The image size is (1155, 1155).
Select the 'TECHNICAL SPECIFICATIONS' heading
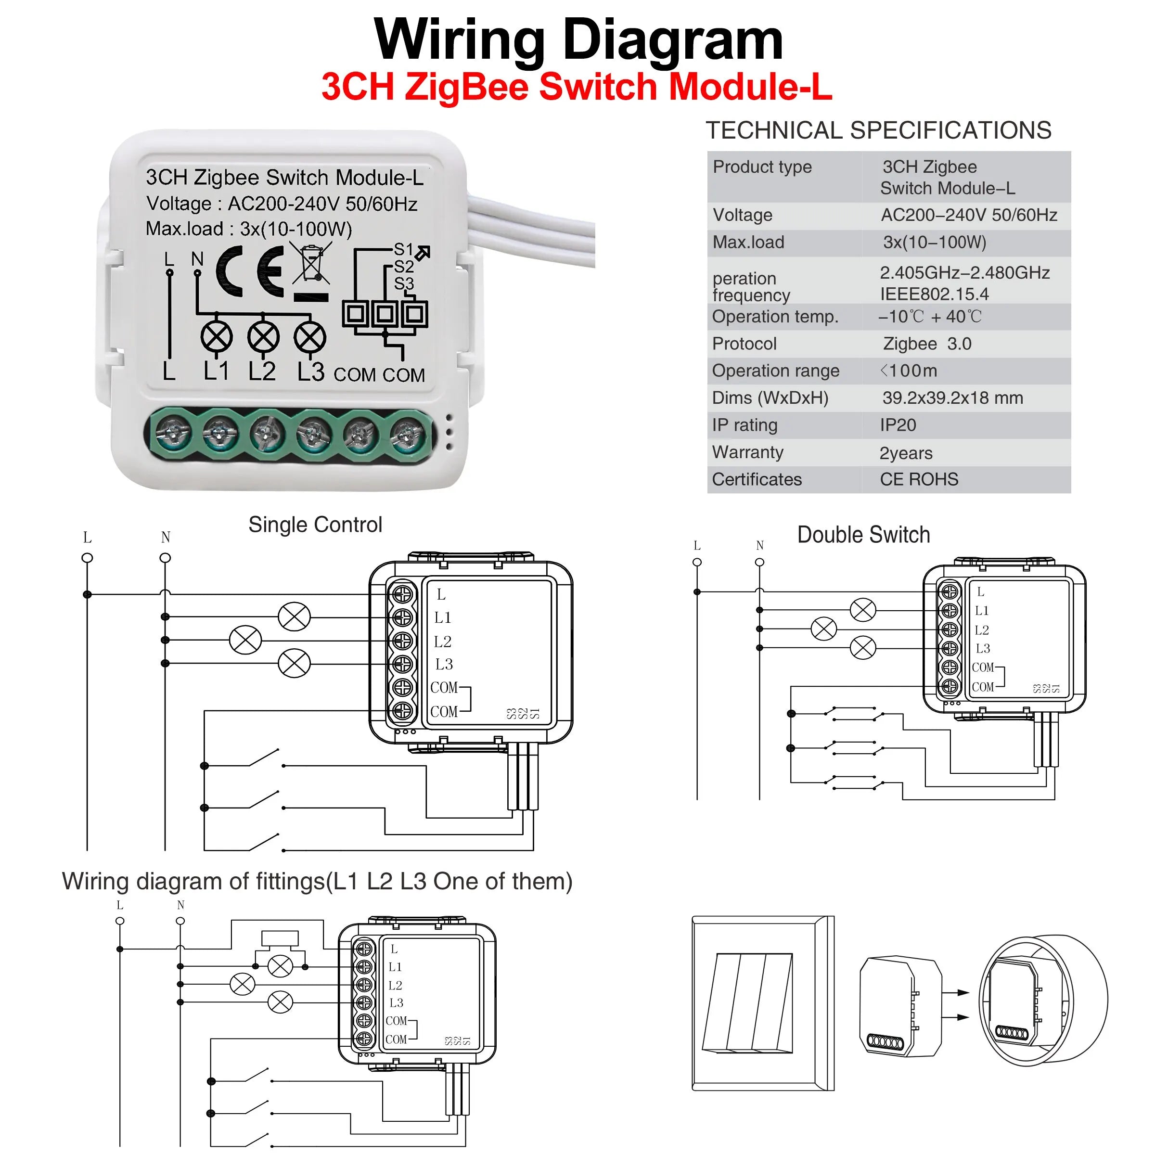[878, 130]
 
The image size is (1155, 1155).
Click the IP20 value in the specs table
[898, 425]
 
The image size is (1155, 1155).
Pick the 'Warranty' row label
[747, 452]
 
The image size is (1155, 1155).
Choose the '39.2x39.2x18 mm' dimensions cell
[952, 398]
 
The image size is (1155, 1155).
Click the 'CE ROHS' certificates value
[919, 479]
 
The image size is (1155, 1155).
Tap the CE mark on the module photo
[250, 272]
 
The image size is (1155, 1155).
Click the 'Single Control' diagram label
[315, 525]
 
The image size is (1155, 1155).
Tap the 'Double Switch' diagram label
[863, 535]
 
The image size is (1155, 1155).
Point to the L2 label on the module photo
[262, 371]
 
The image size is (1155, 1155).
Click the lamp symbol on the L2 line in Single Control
[245, 640]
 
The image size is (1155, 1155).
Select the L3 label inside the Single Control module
[444, 664]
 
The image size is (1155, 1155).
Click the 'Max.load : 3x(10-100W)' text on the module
[249, 229]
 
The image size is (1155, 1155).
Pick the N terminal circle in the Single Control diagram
[166, 558]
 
